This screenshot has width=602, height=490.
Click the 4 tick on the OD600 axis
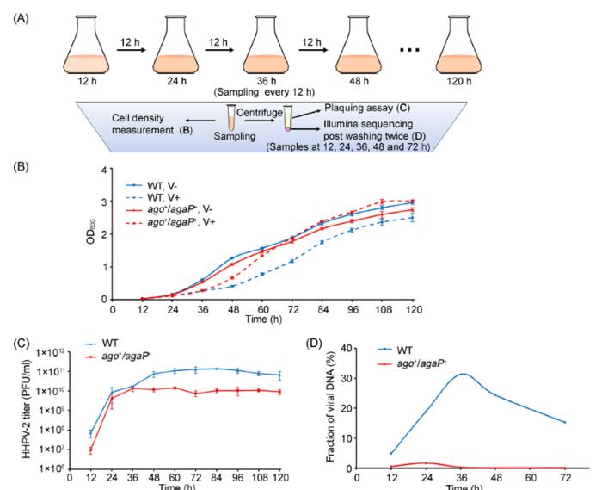(x=103, y=171)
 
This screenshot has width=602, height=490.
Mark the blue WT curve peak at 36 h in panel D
(x=464, y=374)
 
